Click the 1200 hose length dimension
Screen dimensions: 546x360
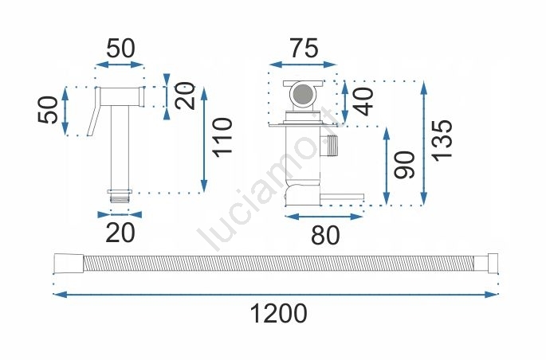pyautogui.click(x=278, y=313)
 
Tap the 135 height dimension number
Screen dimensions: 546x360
pyautogui.click(x=442, y=140)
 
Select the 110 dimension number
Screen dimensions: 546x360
pyautogui.click(x=223, y=138)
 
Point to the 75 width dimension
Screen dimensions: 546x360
pyautogui.click(x=304, y=48)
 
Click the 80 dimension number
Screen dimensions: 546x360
pyautogui.click(x=325, y=235)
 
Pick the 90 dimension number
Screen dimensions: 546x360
pyautogui.click(x=405, y=165)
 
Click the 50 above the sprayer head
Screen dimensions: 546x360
pyautogui.click(x=120, y=49)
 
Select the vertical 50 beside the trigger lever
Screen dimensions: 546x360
pyautogui.click(x=48, y=110)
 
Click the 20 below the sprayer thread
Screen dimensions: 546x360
pyautogui.click(x=120, y=233)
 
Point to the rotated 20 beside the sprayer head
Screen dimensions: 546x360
pyautogui.click(x=185, y=96)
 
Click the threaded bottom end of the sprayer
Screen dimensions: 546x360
pyautogui.click(x=120, y=197)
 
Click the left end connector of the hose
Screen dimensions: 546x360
pyautogui.click(x=69, y=264)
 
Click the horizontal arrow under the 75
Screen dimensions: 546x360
pyautogui.click(x=304, y=65)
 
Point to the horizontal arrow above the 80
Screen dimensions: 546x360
pyautogui.click(x=324, y=217)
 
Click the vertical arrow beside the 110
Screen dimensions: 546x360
pyautogui.click(x=204, y=139)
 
